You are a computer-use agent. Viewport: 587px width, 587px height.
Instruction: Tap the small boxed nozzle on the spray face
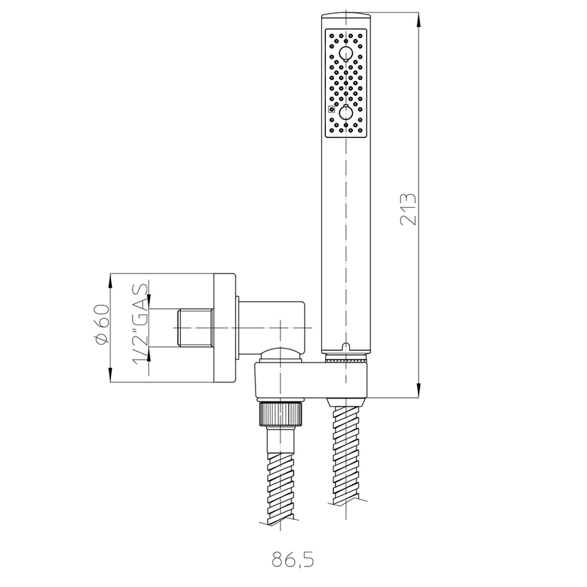click(331, 109)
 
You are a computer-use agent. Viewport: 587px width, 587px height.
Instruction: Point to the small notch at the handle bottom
click(347, 345)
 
